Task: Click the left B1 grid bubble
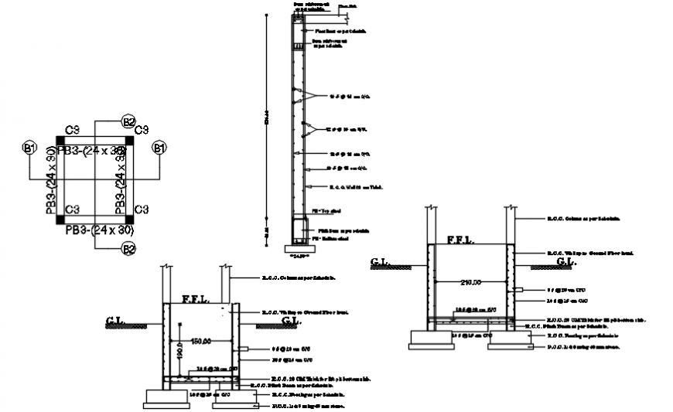[x=30, y=147]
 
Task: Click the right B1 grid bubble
[x=159, y=147]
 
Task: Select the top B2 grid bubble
[x=128, y=121]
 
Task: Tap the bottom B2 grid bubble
[x=128, y=248]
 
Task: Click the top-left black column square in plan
[x=61, y=141]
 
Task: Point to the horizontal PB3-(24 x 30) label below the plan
[x=99, y=230]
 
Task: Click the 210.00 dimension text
[x=470, y=283]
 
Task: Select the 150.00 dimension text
[x=201, y=340]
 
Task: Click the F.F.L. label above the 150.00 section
[x=194, y=298]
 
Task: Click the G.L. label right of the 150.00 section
[x=291, y=319]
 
